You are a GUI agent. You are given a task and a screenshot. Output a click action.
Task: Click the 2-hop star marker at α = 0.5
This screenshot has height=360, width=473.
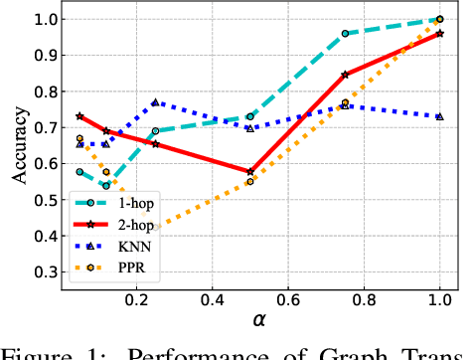click(250, 171)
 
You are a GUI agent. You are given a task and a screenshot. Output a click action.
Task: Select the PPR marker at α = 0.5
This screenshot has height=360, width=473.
click(250, 181)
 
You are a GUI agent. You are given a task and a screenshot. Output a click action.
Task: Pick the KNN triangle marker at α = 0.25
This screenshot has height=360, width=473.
click(155, 102)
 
